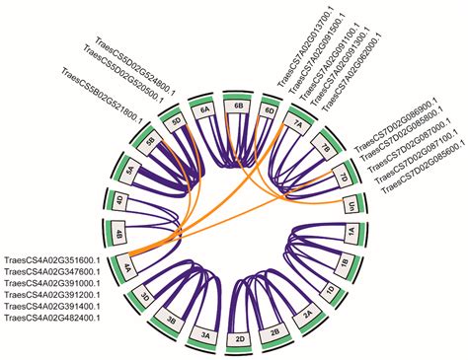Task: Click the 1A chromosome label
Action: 350,234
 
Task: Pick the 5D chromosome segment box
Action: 177,122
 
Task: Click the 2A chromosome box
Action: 306,317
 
